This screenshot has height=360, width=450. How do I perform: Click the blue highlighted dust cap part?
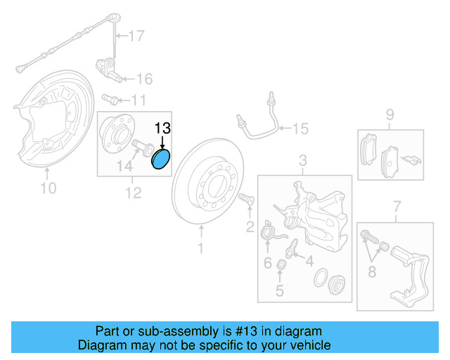162,160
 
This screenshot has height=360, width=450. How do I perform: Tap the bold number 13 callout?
162,128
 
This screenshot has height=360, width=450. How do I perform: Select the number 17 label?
135,35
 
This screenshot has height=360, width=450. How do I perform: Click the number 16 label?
143,78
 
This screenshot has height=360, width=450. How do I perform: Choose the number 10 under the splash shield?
48,188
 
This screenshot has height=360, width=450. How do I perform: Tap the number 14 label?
124,167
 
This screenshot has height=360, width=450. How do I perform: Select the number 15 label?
300,129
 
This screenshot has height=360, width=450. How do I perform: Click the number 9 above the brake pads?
389,115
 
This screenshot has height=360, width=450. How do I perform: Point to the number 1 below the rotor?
200,248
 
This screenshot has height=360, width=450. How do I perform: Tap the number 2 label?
250,226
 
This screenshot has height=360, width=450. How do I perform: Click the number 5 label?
280,290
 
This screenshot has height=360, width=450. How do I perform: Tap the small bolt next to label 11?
110,98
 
